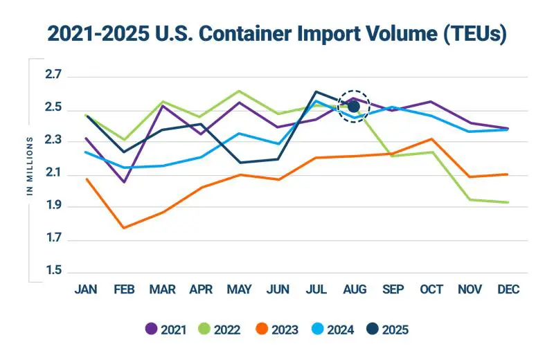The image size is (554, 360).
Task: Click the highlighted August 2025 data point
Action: pos(354,106)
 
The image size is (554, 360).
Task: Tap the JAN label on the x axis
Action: pos(85,289)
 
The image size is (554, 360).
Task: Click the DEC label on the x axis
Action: pos(508,289)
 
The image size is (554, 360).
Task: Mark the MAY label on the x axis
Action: pos(239,289)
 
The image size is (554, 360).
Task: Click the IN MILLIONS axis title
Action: pos(30,166)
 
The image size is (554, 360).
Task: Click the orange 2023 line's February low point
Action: pos(123,228)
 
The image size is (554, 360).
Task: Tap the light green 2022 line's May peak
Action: pos(239,91)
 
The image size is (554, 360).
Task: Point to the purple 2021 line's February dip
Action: pos(123,182)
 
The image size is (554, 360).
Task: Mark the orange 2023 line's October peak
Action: pos(431,139)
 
